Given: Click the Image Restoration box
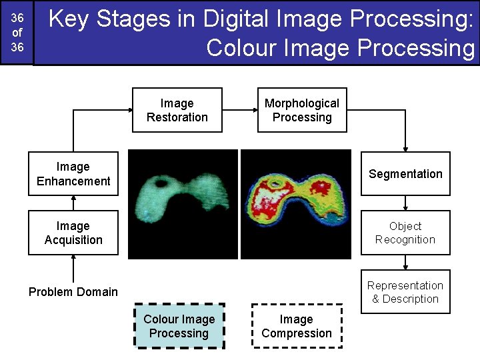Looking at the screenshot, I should [177, 110].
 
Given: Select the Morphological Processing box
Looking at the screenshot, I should [302, 110].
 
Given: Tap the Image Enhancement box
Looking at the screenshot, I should [73, 174].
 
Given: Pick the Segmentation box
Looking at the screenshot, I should [405, 174].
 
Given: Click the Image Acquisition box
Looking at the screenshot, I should [73, 233].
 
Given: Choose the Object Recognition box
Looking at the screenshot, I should [405, 233].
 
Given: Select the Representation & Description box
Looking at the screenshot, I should [405, 292].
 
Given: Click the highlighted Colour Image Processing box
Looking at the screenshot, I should [179, 326].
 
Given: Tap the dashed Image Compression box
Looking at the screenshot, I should [297, 326].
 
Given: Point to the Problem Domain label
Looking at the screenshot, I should [73, 292].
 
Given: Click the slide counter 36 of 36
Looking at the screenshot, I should [17, 33].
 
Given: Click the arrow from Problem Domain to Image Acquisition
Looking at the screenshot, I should [73, 269].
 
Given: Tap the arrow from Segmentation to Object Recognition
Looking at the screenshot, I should [405, 203].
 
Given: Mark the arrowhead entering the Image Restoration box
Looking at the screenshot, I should [127, 110].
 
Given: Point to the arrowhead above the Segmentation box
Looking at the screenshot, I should [405, 148].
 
